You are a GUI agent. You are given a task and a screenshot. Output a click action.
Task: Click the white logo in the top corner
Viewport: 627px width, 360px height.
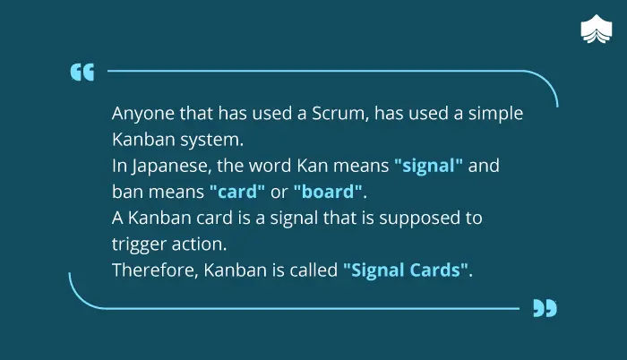tap(597, 29)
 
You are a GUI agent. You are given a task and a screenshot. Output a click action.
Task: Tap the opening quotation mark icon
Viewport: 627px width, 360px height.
tap(82, 72)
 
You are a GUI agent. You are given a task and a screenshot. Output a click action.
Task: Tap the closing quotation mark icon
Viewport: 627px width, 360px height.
tap(545, 308)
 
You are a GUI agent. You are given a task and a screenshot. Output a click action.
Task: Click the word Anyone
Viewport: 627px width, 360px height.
tap(142, 114)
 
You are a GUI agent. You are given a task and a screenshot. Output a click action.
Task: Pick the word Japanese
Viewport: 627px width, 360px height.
tap(172, 166)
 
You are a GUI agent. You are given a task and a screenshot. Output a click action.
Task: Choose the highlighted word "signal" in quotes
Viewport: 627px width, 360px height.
tap(428, 166)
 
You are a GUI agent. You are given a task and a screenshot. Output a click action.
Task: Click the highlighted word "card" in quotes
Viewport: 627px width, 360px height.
tap(237, 192)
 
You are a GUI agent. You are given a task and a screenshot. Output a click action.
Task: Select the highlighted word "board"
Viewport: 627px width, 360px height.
tap(328, 192)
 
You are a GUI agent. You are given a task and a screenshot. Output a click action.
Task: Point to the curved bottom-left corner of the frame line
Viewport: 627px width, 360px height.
tap(80, 298)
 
